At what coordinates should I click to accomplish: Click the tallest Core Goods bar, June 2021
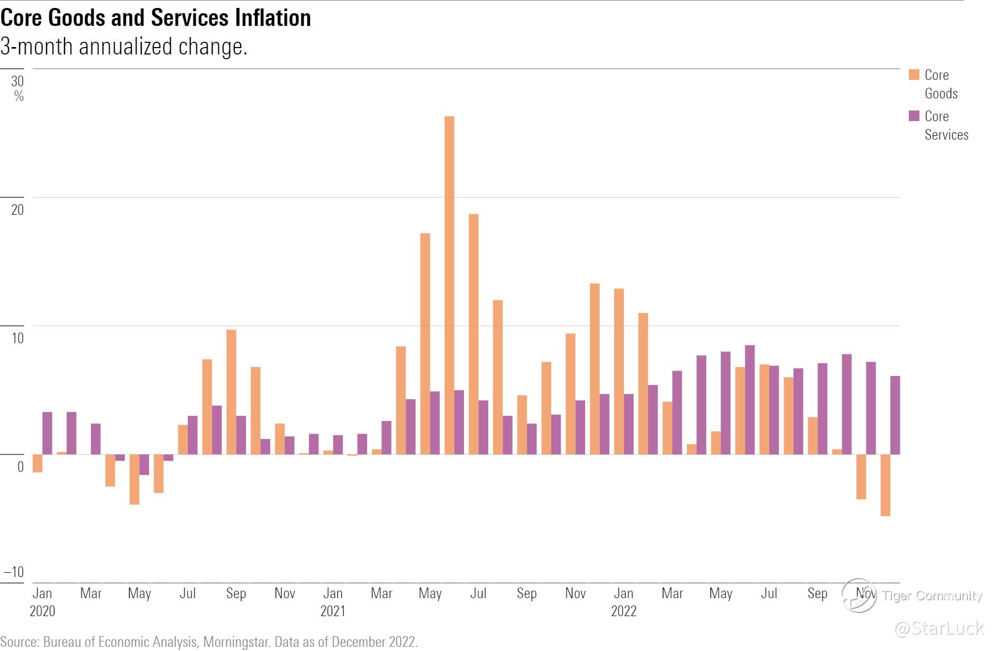[449, 286]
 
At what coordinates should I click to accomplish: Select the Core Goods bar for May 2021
[425, 344]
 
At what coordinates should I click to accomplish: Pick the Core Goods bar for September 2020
[231, 392]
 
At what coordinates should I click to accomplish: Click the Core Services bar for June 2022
[750, 400]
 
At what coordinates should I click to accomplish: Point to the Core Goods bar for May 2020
[134, 479]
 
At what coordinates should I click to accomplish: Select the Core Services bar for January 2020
[47, 433]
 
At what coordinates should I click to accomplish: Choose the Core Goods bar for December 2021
[595, 369]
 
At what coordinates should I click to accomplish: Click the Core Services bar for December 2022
[895, 415]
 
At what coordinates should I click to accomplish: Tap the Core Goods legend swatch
[914, 75]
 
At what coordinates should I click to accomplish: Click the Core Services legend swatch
[914, 116]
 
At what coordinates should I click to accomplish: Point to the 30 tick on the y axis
[17, 81]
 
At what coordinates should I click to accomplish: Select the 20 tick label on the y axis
[17, 209]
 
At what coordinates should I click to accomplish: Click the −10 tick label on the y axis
[14, 572]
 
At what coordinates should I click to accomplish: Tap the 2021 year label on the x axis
[333, 611]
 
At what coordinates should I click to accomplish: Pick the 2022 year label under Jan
[624, 611]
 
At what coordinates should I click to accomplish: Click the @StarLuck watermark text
[938, 628]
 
